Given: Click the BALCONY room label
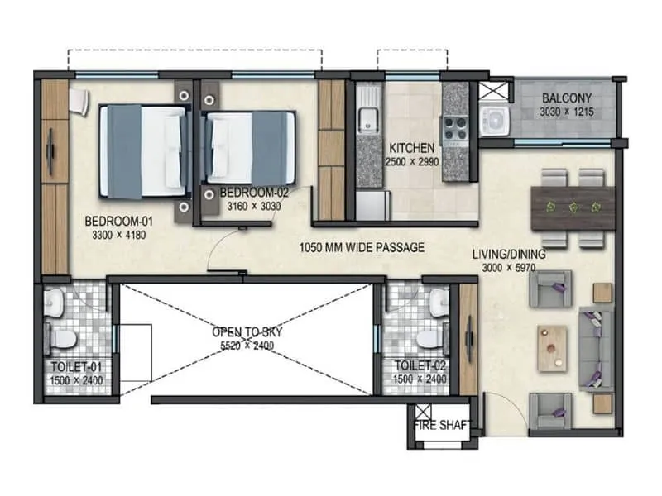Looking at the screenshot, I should pyautogui.click(x=566, y=98).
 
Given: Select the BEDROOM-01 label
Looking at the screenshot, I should pyautogui.click(x=118, y=222).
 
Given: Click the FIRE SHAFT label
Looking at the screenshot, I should pyautogui.click(x=443, y=427).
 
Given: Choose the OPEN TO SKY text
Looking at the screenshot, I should pyautogui.click(x=247, y=331).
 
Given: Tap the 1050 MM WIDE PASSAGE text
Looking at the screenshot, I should pyautogui.click(x=362, y=247).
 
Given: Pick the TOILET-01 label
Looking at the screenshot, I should pyautogui.click(x=71, y=365).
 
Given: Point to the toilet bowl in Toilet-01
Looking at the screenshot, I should pyautogui.click(x=63, y=338).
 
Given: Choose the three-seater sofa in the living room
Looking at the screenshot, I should pyautogui.click(x=594, y=345).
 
